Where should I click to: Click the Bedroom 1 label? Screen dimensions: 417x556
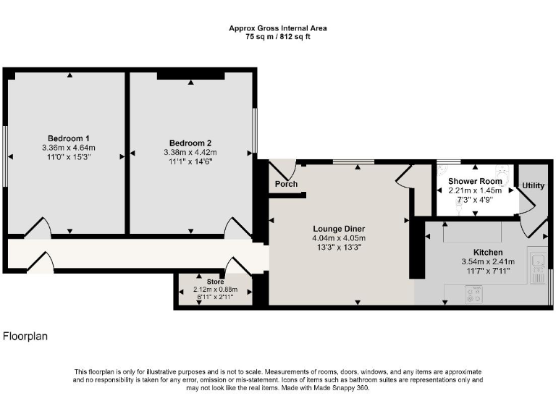[69, 138]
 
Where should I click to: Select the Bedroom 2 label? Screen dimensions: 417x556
[190, 143]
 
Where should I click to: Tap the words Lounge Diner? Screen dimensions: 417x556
[339, 229]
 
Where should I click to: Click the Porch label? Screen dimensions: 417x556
[286, 184]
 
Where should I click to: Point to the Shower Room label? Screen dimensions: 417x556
[475, 181]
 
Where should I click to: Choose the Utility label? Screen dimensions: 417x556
[534, 186]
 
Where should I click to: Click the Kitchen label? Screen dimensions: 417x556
[487, 252]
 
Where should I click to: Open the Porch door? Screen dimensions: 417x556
[283, 170]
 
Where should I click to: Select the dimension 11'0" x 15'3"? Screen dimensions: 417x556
[69, 157]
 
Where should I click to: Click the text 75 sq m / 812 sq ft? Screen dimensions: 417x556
[278, 36]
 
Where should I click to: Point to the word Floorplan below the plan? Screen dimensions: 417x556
[25, 336]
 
